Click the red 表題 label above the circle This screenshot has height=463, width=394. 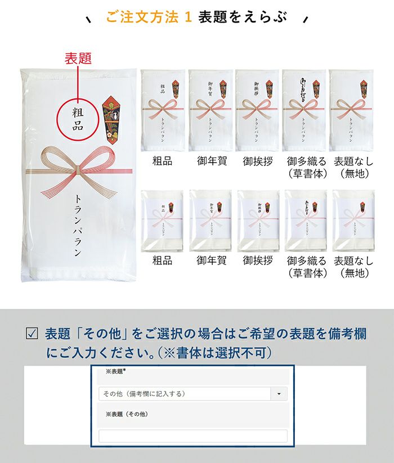(x=78, y=59)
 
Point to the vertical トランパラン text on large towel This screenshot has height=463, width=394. (x=78, y=225)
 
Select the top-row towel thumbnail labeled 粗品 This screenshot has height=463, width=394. (x=163, y=110)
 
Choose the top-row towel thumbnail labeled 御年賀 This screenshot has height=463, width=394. (x=210, y=110)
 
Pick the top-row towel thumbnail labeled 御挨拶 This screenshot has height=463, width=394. (x=257, y=110)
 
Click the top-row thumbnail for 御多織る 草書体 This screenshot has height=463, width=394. (x=304, y=110)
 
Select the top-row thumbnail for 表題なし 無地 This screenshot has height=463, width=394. (x=351, y=110)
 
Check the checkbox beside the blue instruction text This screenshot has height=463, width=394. (x=32, y=334)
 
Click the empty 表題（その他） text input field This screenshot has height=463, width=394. (x=192, y=436)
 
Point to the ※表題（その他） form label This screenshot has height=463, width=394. (x=127, y=414)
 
